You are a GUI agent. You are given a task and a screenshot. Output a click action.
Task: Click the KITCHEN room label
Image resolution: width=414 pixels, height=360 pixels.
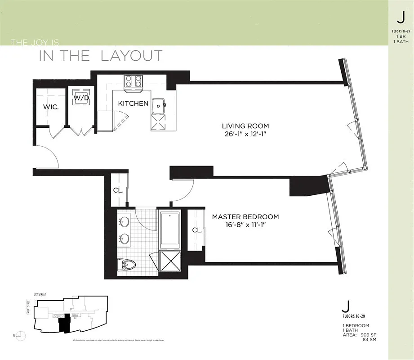tap(133, 103)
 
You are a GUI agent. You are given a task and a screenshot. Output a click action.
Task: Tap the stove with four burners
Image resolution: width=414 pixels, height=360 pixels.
tap(134, 81)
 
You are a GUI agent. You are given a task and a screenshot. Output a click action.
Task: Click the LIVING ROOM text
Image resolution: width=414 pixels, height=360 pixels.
tap(245, 126)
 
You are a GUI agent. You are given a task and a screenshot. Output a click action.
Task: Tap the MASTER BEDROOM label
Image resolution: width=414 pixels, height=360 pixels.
tap(245, 216)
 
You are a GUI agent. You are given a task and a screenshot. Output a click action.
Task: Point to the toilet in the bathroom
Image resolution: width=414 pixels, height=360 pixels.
tap(128, 265)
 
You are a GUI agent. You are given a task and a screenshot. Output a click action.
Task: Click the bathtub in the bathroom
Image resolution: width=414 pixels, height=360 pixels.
tap(170, 229)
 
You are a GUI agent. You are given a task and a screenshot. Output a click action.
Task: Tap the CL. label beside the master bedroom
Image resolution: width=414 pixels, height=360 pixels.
tap(197, 230)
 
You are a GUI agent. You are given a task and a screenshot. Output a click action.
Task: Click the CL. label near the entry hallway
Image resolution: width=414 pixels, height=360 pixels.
tap(118, 190)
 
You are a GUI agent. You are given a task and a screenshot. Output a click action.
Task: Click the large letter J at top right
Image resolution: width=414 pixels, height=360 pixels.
tap(400, 17)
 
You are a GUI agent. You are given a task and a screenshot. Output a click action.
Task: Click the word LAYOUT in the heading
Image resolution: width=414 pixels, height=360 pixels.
tap(131, 56)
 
